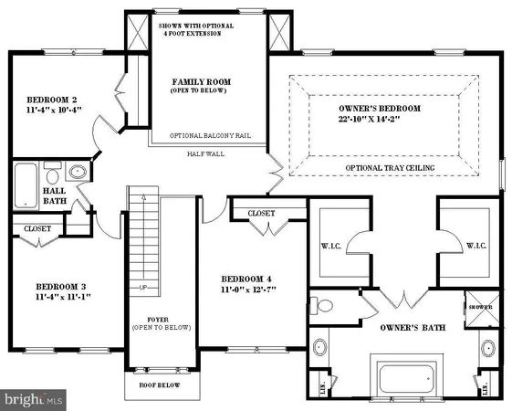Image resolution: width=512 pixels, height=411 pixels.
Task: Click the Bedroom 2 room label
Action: (44, 100)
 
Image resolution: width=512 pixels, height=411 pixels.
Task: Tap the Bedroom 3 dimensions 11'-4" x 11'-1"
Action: (51, 296)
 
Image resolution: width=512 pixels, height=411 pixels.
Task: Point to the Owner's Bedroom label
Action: (379, 109)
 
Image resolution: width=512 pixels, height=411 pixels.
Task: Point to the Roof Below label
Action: (160, 385)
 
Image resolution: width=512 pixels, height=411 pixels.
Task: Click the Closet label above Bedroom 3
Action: (38, 228)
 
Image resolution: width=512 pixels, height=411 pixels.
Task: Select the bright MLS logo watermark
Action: (35, 399)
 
